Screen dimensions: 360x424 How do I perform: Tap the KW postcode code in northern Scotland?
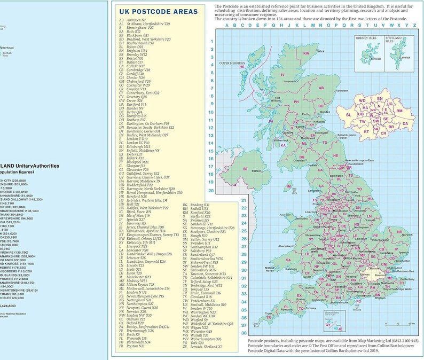click(x=307, y=54)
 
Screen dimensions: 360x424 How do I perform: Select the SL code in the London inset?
click(x=349, y=115)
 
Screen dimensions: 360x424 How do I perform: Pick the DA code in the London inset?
click(x=405, y=123)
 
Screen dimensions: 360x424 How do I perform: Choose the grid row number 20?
click(x=211, y=190)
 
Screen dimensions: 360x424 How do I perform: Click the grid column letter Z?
click(x=414, y=25)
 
